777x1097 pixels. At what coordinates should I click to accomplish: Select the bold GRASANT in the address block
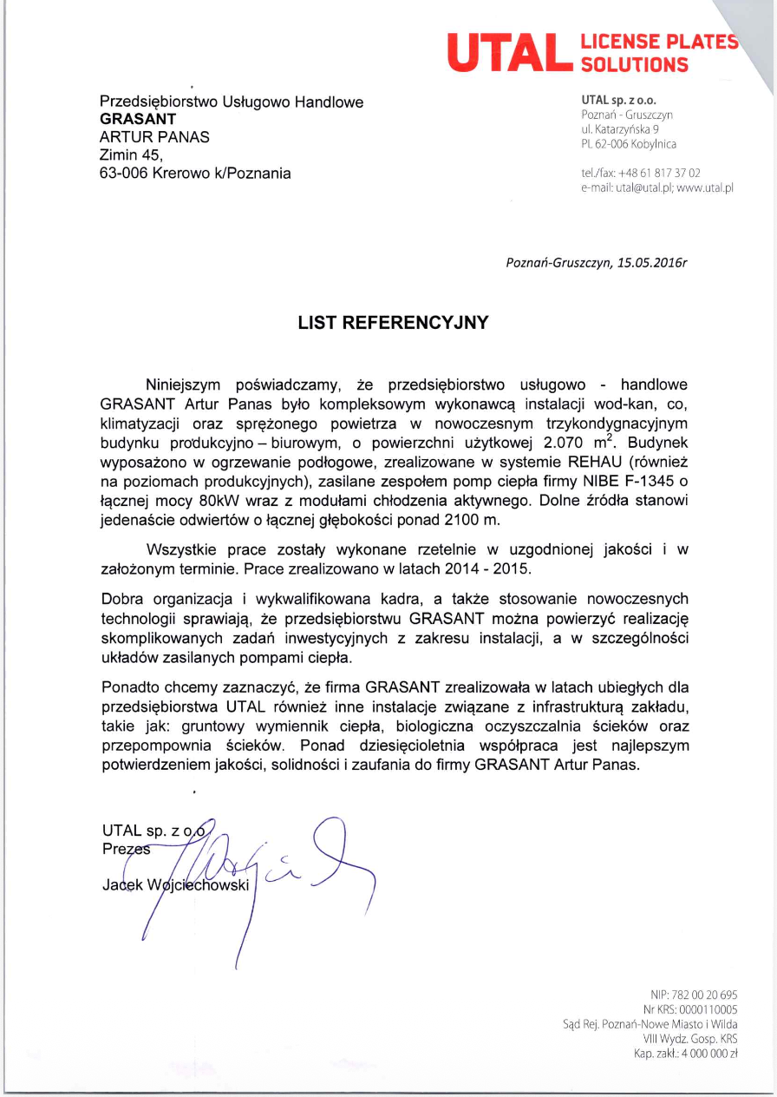tap(139, 119)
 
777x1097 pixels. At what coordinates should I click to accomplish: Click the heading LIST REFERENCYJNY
tap(393, 323)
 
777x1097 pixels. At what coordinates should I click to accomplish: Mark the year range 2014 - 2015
tap(490, 569)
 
